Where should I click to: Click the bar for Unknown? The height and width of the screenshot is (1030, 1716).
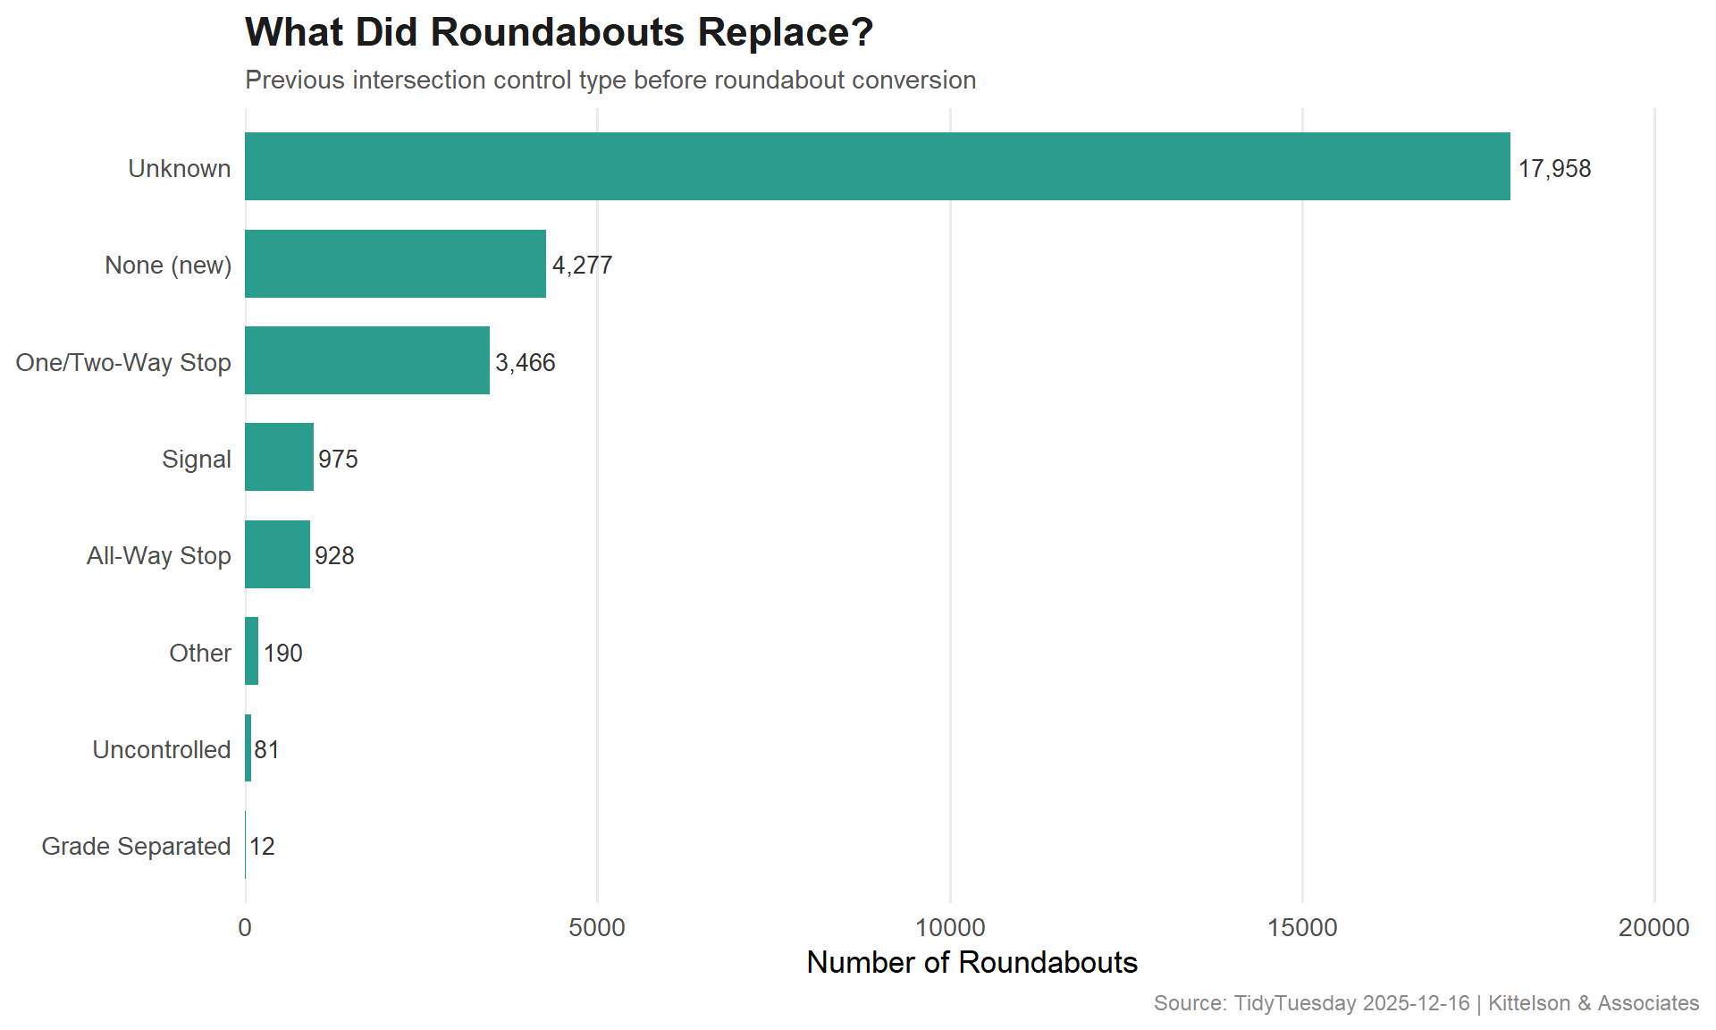876,166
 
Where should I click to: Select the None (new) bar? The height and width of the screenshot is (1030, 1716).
395,264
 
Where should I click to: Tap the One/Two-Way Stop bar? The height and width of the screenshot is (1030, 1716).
366,360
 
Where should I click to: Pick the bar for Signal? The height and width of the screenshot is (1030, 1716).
279,457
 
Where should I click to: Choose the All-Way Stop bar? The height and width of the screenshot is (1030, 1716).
277,554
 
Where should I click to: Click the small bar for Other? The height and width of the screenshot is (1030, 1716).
252,651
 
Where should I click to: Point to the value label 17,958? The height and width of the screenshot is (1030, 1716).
1554,169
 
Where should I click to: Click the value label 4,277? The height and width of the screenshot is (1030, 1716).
582,266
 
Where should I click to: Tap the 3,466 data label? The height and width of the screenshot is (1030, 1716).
526,362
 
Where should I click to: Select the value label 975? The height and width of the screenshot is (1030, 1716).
338,459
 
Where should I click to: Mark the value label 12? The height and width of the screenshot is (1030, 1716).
262,846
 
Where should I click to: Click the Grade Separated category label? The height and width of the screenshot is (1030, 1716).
136,846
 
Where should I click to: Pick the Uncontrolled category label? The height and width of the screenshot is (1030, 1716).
161,749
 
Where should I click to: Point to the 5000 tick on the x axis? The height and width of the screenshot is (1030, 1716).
597,928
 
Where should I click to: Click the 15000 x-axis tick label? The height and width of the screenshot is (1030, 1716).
1302,928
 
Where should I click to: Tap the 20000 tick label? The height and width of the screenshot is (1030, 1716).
1653,928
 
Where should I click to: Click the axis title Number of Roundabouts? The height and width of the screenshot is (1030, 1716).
972,962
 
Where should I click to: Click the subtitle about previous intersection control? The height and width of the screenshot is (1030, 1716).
610,80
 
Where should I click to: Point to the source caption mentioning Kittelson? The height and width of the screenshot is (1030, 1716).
1426,1003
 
